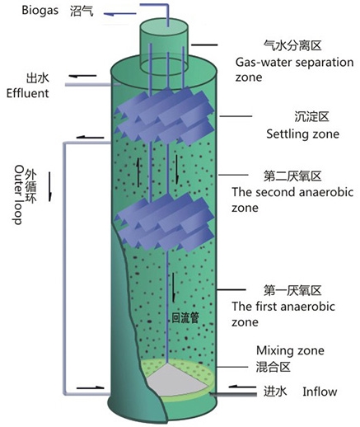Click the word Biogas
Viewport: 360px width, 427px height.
(40, 11)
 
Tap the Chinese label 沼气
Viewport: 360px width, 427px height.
(82, 12)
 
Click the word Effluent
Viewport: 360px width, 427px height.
(27, 93)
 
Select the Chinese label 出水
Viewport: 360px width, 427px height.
(37, 78)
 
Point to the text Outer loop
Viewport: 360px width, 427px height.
(19, 195)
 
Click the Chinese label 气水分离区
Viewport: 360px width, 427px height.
(292, 45)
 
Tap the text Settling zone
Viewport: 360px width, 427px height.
(302, 134)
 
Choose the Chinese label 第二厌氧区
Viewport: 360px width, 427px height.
(292, 176)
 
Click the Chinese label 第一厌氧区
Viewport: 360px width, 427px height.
(292, 290)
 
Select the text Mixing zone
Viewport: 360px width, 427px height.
(290, 350)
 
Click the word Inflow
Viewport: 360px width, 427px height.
(320, 392)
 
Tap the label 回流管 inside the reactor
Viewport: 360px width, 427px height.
(185, 318)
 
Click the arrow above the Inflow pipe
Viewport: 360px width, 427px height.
(242, 387)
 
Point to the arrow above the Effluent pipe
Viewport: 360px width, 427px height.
(82, 76)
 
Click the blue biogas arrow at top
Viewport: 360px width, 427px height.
(120, 14)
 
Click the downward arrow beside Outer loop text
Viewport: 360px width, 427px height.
(50, 186)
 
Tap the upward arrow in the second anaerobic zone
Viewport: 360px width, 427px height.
(138, 173)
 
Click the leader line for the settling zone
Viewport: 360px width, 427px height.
(236, 116)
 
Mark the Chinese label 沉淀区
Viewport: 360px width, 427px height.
(311, 117)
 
